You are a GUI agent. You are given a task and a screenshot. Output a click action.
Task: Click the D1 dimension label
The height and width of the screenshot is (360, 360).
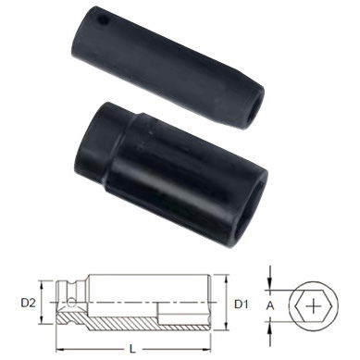point(240,302)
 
